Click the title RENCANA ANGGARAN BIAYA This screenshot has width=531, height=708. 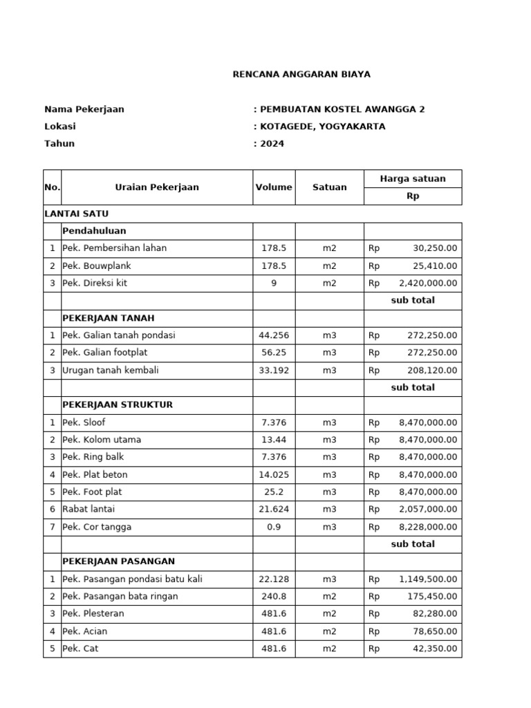301,74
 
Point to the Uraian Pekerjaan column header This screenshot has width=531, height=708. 157,187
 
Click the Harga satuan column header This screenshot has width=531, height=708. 413,178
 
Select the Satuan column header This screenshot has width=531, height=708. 330,187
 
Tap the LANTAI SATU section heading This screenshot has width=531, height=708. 76,214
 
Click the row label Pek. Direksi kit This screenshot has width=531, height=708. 95,283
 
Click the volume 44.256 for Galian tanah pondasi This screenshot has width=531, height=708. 274,335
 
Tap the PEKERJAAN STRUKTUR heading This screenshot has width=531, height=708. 118,404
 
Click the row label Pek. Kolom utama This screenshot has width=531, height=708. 102,440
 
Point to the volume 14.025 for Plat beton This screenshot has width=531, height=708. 274,475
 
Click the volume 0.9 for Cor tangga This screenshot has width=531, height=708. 274,527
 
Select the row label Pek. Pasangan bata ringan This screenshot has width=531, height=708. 120,596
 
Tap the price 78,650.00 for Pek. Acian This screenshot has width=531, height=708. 434,631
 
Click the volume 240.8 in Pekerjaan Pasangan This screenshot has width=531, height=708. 274,596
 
